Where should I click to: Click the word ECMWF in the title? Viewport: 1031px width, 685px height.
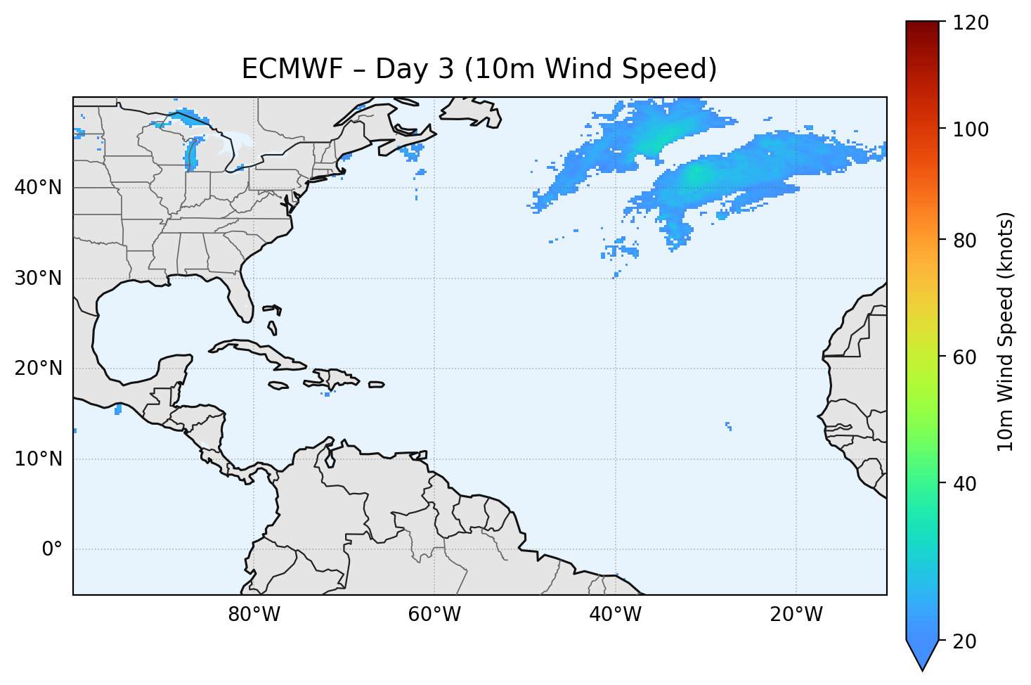pyautogui.click(x=292, y=69)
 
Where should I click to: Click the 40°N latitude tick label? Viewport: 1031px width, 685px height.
pyautogui.click(x=38, y=188)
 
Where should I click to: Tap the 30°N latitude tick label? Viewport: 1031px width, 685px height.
pyautogui.click(x=38, y=279)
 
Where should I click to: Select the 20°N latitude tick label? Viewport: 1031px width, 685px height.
pyautogui.click(x=38, y=369)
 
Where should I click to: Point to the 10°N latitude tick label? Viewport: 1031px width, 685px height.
pyautogui.click(x=38, y=459)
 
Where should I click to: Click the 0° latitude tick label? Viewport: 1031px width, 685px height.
pyautogui.click(x=52, y=549)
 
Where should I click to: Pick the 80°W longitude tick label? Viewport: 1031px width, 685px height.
pyautogui.click(x=254, y=615)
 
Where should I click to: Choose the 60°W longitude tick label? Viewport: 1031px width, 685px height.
pyautogui.click(x=434, y=615)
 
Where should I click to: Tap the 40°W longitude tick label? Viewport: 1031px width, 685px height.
pyautogui.click(x=615, y=615)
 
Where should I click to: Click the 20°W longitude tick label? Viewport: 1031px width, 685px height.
pyautogui.click(x=796, y=615)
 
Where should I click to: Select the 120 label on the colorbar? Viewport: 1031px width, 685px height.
pyautogui.click(x=971, y=23)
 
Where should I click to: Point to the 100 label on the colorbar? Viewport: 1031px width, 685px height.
pyautogui.click(x=971, y=129)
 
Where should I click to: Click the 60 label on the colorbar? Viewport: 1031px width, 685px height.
pyautogui.click(x=966, y=357)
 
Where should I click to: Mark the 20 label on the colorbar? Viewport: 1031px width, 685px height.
pyautogui.click(x=966, y=641)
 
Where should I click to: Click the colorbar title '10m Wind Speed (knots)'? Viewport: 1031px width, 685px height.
pyautogui.click(x=1006, y=331)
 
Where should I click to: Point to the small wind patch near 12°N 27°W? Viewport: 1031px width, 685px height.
pyautogui.click(x=728, y=425)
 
